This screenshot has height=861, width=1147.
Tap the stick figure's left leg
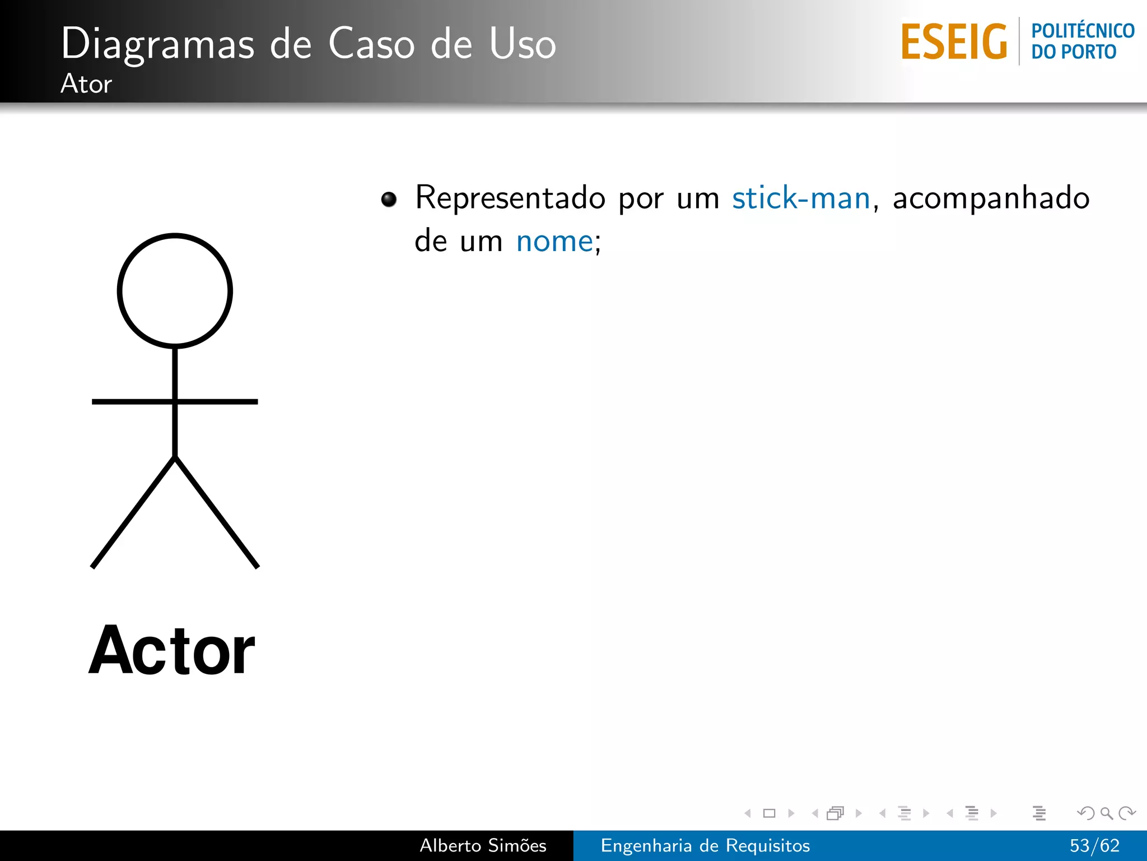[133, 512]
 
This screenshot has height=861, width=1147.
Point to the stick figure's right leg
[217, 512]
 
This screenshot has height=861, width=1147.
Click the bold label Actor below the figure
[172, 651]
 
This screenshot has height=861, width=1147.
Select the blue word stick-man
[801, 198]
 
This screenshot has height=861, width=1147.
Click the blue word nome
[554, 242]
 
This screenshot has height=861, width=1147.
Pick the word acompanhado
[991, 198]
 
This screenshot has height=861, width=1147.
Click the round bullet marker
[389, 199]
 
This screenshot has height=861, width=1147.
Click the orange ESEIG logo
[954, 42]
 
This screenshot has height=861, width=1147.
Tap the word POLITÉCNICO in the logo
[1083, 31]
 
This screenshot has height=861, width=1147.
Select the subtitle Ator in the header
[86, 84]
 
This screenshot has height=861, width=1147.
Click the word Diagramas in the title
[158, 44]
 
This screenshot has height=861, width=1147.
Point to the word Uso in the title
[523, 44]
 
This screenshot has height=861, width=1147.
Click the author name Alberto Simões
[483, 845]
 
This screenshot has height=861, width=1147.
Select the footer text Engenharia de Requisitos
[705, 845]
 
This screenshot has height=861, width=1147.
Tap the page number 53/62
[1094, 845]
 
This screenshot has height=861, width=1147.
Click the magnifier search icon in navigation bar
[1106, 813]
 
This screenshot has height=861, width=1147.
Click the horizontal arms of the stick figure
[224, 401]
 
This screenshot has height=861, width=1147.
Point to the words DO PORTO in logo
[1074, 52]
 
